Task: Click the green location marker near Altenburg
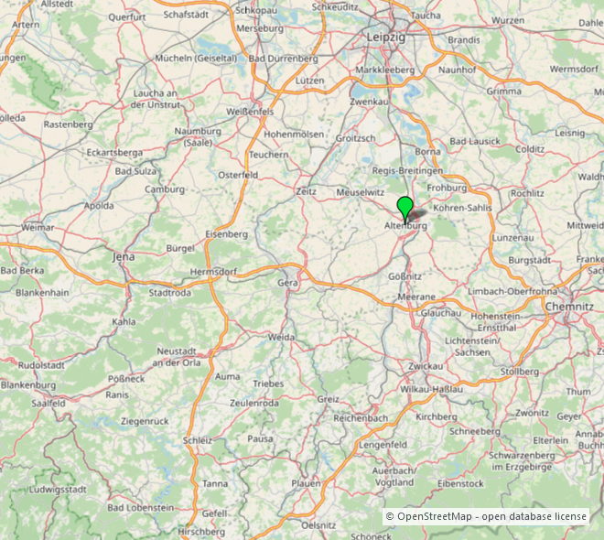[404, 206]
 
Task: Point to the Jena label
[123, 257]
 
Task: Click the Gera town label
[287, 284]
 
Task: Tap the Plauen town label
[306, 482]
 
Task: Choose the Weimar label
[38, 227]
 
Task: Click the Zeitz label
[306, 190]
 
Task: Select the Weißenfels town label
[250, 111]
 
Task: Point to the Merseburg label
[260, 28]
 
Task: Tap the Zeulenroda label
[253, 403]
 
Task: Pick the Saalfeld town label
[49, 402]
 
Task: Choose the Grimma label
[504, 92]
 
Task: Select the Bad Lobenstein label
[140, 507]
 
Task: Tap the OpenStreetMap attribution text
[485, 516]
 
